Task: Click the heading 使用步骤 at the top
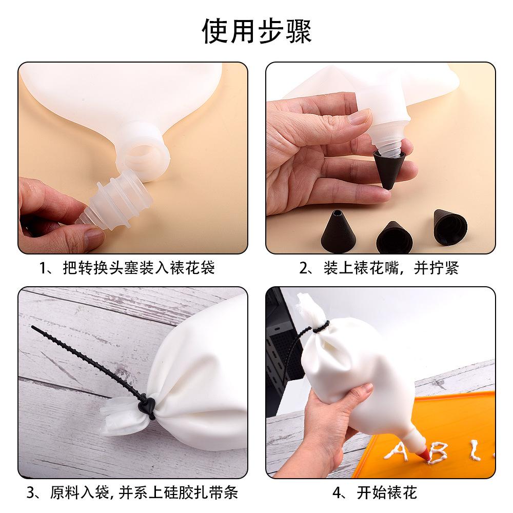point(257,31)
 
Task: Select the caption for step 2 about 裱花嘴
point(379,268)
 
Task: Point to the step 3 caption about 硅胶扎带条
point(132,492)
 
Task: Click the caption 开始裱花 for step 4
point(375,492)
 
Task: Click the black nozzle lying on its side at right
point(449,227)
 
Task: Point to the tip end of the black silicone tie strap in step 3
point(32,326)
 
